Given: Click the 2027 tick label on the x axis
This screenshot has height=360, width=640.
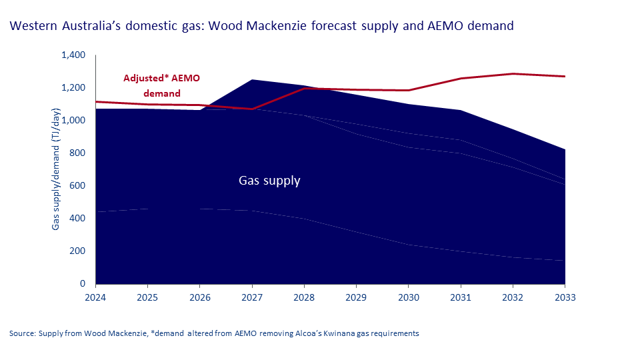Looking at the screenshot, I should [251, 297].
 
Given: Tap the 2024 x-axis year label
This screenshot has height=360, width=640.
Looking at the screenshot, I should [95, 297].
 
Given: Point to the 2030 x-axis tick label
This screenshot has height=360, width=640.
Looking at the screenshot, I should [408, 297].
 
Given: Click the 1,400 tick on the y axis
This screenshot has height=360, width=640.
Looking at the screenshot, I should [73, 55].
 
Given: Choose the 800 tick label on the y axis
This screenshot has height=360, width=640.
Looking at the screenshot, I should [78, 153].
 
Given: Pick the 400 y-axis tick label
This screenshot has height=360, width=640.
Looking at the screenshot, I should [78, 219].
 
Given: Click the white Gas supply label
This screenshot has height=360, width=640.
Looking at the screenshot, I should [269, 181].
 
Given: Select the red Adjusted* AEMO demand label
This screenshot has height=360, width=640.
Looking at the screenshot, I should [161, 85].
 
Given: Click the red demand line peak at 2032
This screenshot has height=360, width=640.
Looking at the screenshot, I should [512, 74].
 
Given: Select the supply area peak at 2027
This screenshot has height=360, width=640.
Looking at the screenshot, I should [251, 80].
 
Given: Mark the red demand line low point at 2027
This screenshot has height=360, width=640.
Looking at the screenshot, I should [251, 109].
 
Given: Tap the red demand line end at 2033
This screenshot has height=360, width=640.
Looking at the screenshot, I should [564, 77].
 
